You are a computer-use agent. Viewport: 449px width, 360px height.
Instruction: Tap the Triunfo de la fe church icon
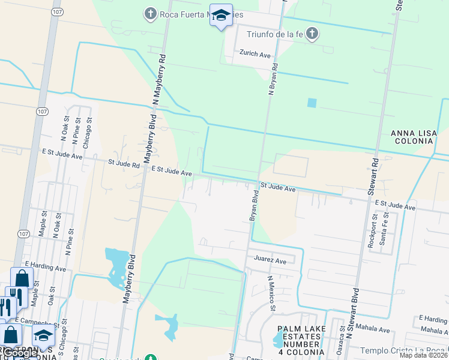click(312, 34)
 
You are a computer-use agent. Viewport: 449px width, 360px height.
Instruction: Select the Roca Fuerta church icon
click(150, 13)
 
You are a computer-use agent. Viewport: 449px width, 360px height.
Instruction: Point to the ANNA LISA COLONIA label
click(412, 137)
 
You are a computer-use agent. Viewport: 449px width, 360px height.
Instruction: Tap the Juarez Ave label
click(270, 260)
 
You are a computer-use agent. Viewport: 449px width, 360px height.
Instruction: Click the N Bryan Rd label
click(273, 79)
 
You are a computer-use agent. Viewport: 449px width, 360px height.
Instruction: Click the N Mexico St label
click(271, 293)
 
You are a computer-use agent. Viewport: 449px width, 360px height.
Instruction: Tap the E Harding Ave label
click(45, 265)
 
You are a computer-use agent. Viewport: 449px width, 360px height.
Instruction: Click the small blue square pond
click(312, 103)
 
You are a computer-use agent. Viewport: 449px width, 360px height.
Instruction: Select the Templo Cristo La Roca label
click(402, 350)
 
